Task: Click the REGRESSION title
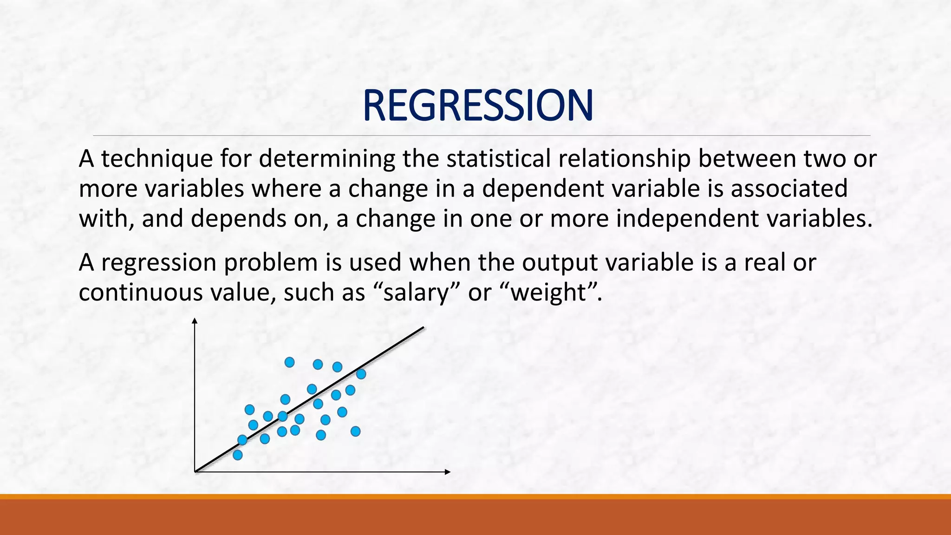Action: coord(477,106)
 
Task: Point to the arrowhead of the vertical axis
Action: coord(195,320)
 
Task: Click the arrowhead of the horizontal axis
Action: coord(448,472)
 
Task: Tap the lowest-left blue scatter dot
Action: coord(237,455)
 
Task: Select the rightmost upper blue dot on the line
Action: coord(361,373)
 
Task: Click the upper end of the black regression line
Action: coord(423,328)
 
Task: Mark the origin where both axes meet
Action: coord(195,471)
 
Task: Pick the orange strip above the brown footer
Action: coord(475,496)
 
